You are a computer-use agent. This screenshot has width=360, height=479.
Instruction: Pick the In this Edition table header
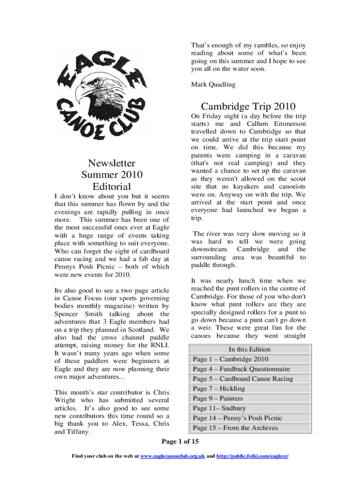click(x=249, y=349)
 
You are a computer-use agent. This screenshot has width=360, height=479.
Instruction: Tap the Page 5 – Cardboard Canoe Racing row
click(x=250, y=379)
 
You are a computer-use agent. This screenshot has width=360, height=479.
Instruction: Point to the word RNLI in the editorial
click(x=159, y=346)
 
